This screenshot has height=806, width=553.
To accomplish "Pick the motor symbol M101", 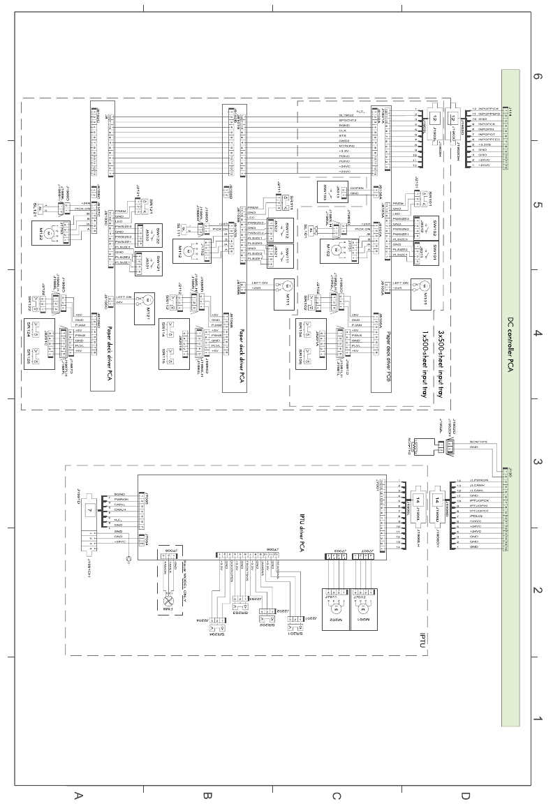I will click(x=422, y=287).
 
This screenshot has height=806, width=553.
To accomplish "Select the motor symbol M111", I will click(x=285, y=287).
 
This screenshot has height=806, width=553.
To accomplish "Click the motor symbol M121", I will click(x=149, y=299).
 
